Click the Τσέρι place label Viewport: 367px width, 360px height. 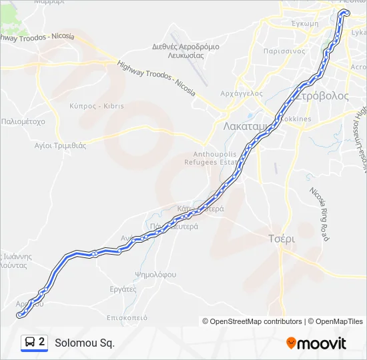pyautogui.click(x=281, y=238)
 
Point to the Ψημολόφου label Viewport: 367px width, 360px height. pyautogui.click(x=155, y=274)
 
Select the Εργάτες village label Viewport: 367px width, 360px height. pyautogui.click(x=123, y=289)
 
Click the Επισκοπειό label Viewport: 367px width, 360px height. pyautogui.click(x=127, y=317)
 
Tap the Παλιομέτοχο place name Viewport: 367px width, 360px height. pyautogui.click(x=23, y=122)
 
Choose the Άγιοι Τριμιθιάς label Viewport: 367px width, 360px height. pyautogui.click(x=61, y=145)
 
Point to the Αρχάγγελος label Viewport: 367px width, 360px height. pyautogui.click(x=242, y=93)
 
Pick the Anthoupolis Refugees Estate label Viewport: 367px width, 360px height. pyautogui.click(x=211, y=157)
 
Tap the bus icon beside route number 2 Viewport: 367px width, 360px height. pyautogui.click(x=30, y=343)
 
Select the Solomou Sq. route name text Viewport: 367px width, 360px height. pyautogui.click(x=85, y=343)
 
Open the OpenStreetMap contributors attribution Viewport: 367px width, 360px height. pyautogui.click(x=253, y=321)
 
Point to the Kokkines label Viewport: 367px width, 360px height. pyautogui.click(x=296, y=119)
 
